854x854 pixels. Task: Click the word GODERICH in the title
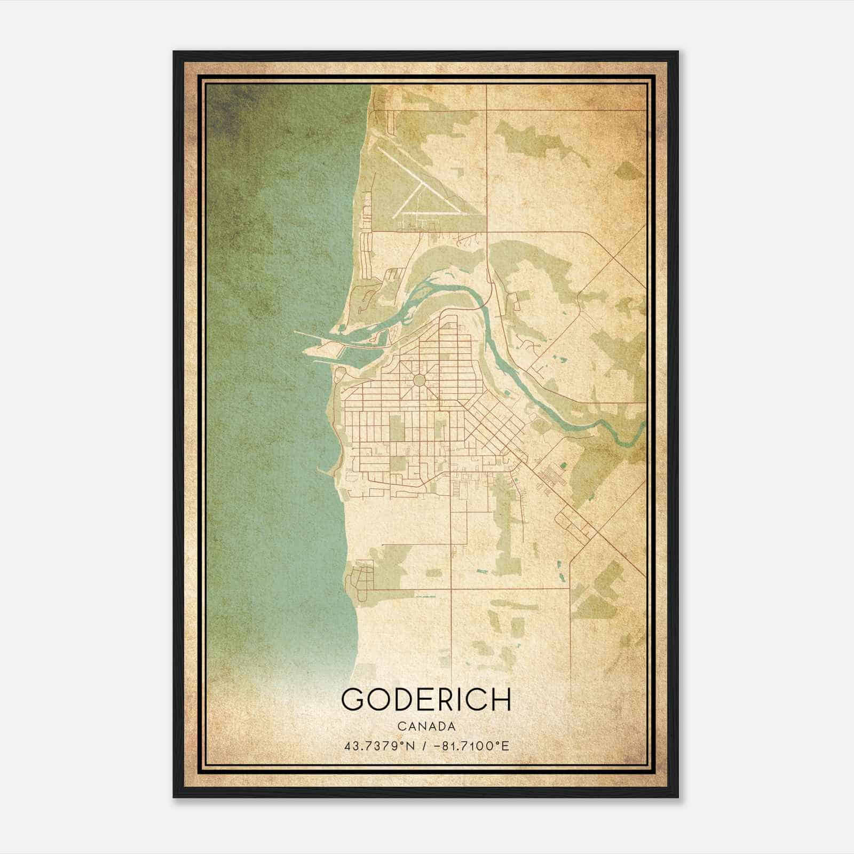tap(426, 699)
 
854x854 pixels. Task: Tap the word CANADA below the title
tap(426, 726)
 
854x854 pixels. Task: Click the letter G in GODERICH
tap(353, 699)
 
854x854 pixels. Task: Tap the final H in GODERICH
tap(502, 699)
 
